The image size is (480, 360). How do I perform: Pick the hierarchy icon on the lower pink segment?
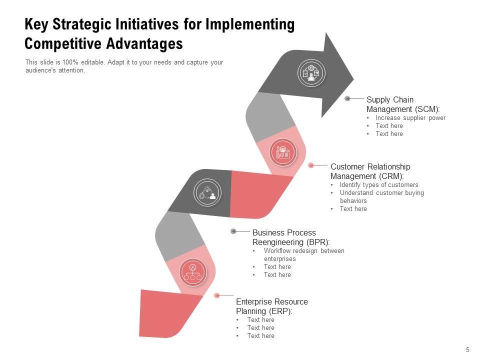[192, 273]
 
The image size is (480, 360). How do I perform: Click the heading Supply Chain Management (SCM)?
[403, 104]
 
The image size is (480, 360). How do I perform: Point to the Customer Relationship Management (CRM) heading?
[370, 171]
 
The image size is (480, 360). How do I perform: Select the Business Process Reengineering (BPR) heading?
[291, 237]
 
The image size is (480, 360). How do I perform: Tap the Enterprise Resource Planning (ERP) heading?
[271, 306]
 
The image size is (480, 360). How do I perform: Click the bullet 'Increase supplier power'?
[410, 118]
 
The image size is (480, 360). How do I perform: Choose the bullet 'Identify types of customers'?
[378, 184]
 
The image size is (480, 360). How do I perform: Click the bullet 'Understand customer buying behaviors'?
[381, 196]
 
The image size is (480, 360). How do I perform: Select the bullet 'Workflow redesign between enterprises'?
[303, 254]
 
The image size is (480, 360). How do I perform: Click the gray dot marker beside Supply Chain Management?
[347, 98]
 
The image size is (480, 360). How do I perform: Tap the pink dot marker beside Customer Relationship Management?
[310, 165]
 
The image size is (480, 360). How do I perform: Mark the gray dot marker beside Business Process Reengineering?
[233, 231]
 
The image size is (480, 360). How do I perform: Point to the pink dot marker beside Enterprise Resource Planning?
[216, 295]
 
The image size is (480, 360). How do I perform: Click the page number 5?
[467, 349]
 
